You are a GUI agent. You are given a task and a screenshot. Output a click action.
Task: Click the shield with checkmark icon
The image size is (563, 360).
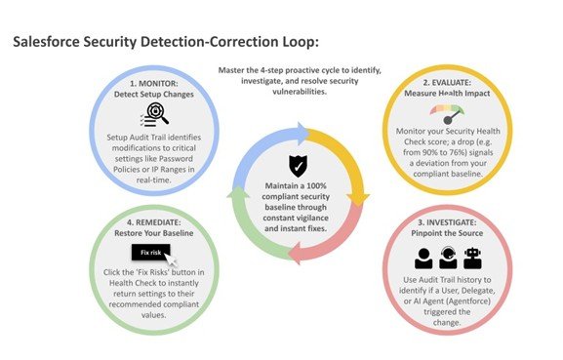tap(286, 162)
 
